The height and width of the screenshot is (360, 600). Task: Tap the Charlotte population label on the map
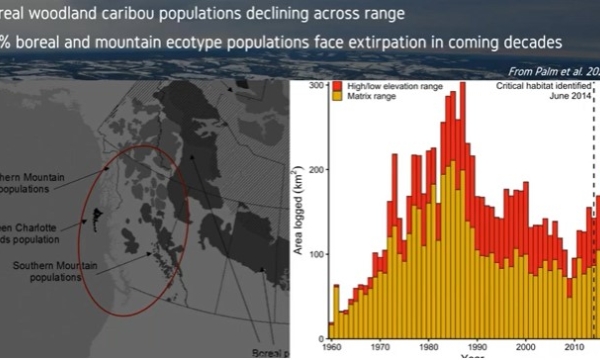pos(30,227)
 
